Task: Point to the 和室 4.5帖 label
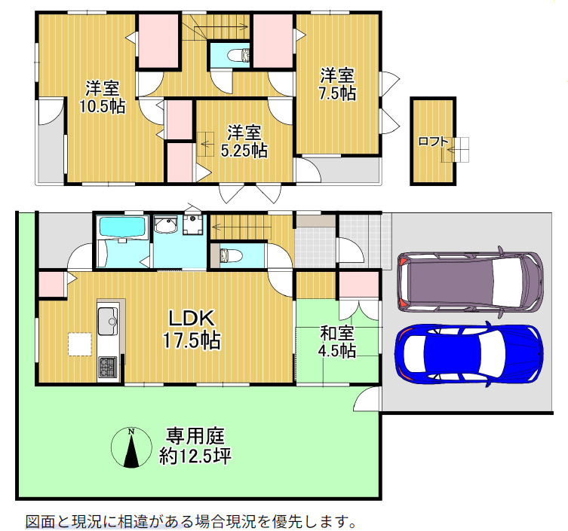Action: (x=337, y=341)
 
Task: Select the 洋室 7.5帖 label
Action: (x=337, y=84)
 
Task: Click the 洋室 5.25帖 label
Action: (x=243, y=141)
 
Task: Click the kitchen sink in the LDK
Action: (x=106, y=322)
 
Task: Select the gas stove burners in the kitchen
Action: (x=106, y=368)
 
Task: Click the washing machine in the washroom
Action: (x=193, y=223)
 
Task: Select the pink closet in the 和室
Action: (x=357, y=285)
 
